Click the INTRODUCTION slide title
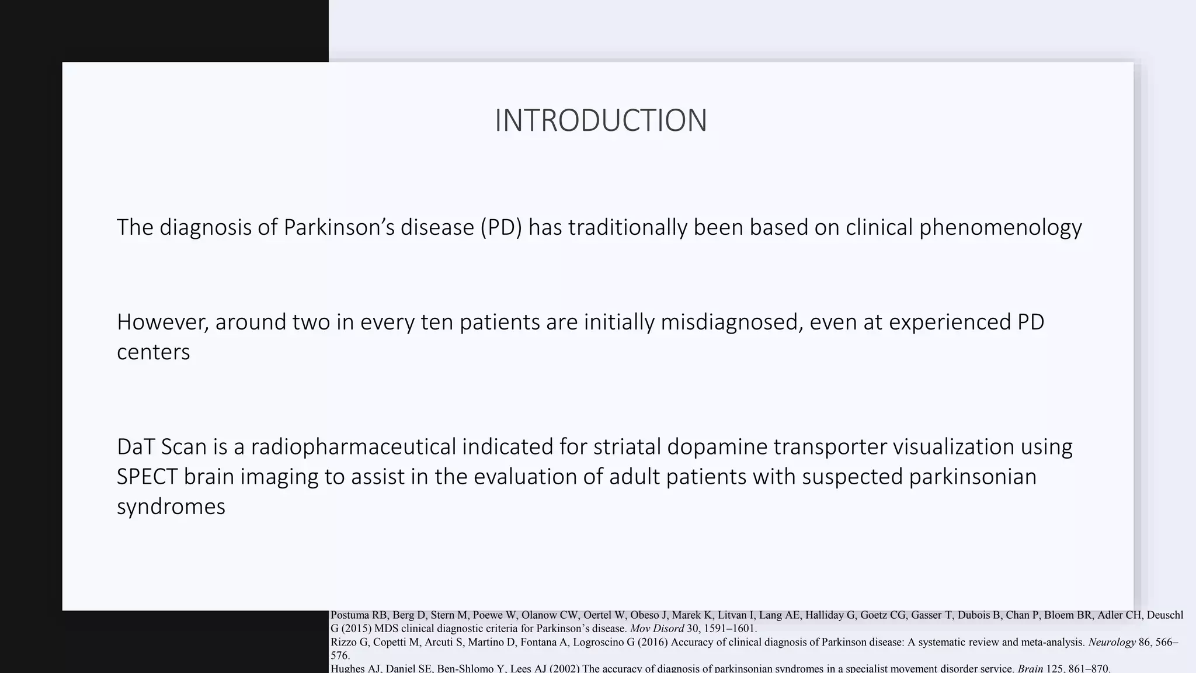600,120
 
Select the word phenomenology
1000,227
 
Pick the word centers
153,352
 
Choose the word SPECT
147,477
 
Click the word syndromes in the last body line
171,507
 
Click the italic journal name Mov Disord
656,629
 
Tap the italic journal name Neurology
1111,642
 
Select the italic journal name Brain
1030,668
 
